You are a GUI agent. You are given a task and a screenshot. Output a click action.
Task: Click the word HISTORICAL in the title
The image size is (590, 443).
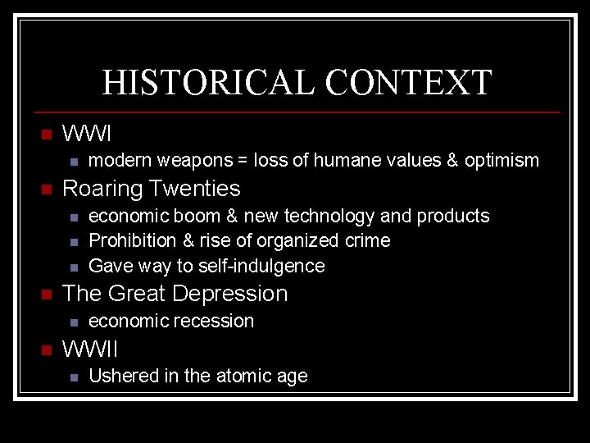point(208,83)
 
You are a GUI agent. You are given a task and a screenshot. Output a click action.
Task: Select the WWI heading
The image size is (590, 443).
point(87,133)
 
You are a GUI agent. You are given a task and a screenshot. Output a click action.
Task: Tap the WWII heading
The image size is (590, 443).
point(90,349)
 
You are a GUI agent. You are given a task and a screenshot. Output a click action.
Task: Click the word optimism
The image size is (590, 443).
point(501,160)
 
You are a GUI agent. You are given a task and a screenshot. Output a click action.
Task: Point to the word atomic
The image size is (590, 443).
point(243,377)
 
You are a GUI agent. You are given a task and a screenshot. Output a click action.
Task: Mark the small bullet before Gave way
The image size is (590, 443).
point(74,267)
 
